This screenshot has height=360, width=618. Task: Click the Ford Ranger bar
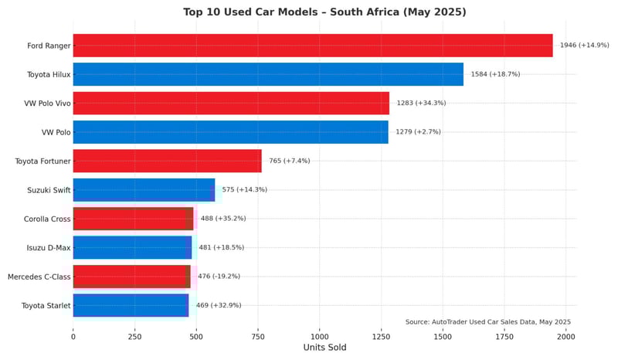313,46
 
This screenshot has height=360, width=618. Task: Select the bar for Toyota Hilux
268,74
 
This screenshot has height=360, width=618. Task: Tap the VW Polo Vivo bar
231,103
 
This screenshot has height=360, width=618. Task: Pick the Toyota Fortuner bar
167,161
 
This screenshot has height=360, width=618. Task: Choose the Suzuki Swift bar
144,189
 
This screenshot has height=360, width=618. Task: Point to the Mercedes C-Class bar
131,277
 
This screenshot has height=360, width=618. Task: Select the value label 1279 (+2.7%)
418,132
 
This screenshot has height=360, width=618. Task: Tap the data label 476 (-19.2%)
219,277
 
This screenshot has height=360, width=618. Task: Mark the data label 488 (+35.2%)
223,219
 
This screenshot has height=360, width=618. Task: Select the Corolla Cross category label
47,219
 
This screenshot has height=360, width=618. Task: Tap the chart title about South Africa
324,12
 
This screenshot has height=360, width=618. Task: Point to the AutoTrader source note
487,321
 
